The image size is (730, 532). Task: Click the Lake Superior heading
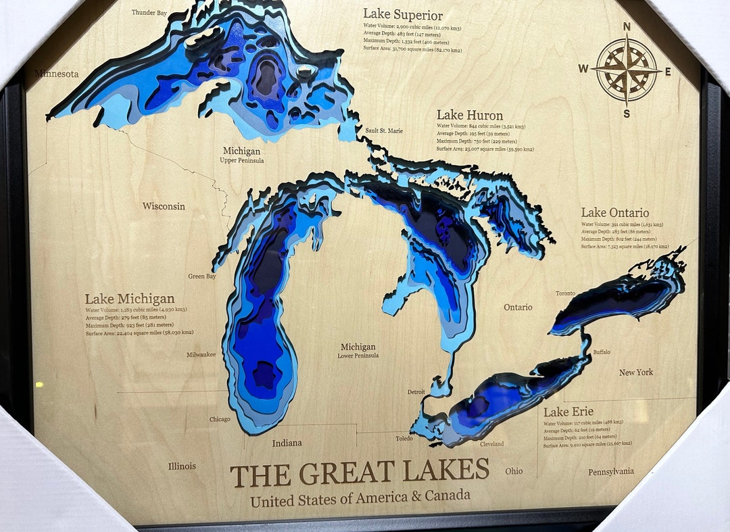click(x=403, y=15)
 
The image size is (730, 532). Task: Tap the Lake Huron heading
click(x=470, y=116)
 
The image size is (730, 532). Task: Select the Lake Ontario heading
click(x=615, y=213)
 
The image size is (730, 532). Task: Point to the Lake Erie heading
click(x=568, y=412)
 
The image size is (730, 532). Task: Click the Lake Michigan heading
click(x=130, y=299)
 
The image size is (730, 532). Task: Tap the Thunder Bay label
click(x=149, y=12)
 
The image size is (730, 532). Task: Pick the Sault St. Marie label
click(x=384, y=130)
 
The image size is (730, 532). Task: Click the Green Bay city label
click(x=201, y=276)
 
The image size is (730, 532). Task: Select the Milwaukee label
click(x=201, y=354)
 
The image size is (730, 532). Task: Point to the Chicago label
click(x=220, y=419)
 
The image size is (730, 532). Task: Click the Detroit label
click(x=416, y=392)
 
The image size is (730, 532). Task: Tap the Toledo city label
click(x=404, y=438)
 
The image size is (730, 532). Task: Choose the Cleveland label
click(x=491, y=444)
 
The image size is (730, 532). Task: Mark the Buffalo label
click(x=601, y=352)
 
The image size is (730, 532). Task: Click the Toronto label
click(x=565, y=293)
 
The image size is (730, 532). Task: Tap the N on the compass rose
click(x=627, y=27)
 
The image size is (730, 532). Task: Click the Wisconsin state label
click(x=164, y=206)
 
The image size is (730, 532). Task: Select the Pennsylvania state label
click(x=611, y=471)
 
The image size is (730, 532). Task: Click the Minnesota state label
click(x=57, y=74)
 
